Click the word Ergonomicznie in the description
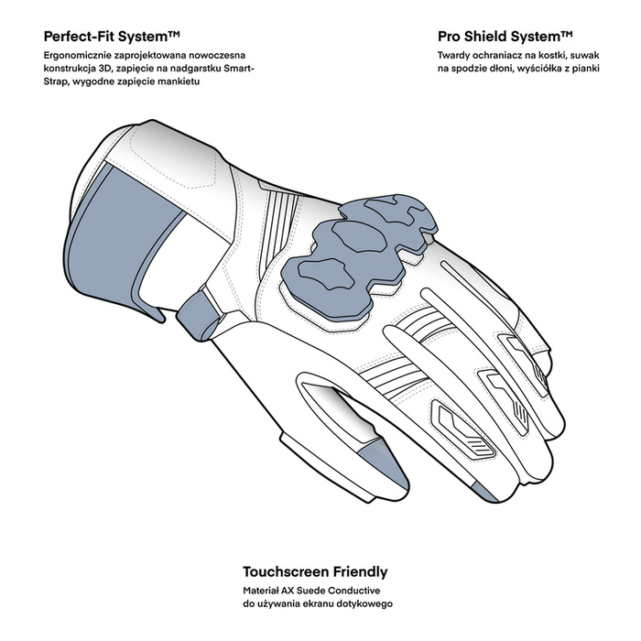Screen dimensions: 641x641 74,57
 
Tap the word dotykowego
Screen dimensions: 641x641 365,604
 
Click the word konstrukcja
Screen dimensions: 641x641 71,69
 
